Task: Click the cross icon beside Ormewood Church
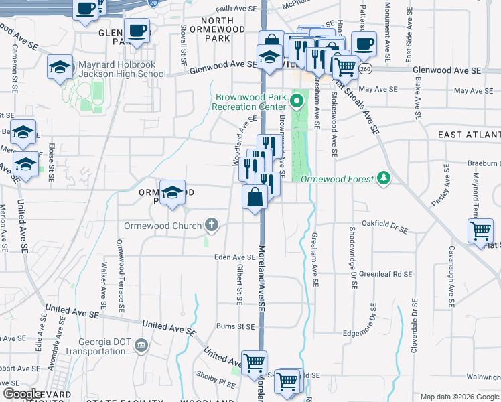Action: tap(212, 224)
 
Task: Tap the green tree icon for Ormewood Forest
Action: tap(384, 178)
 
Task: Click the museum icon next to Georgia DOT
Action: tap(141, 345)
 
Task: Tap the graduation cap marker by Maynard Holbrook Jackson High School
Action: tap(60, 67)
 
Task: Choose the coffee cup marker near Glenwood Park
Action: tap(137, 31)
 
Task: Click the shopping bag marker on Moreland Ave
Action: tap(255, 198)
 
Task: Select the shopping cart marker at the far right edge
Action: tap(482, 232)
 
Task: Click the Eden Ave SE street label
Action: tap(234, 257)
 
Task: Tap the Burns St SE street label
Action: tap(236, 327)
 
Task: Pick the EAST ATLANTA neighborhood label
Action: tap(469, 135)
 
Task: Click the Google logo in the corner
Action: tap(23, 394)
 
